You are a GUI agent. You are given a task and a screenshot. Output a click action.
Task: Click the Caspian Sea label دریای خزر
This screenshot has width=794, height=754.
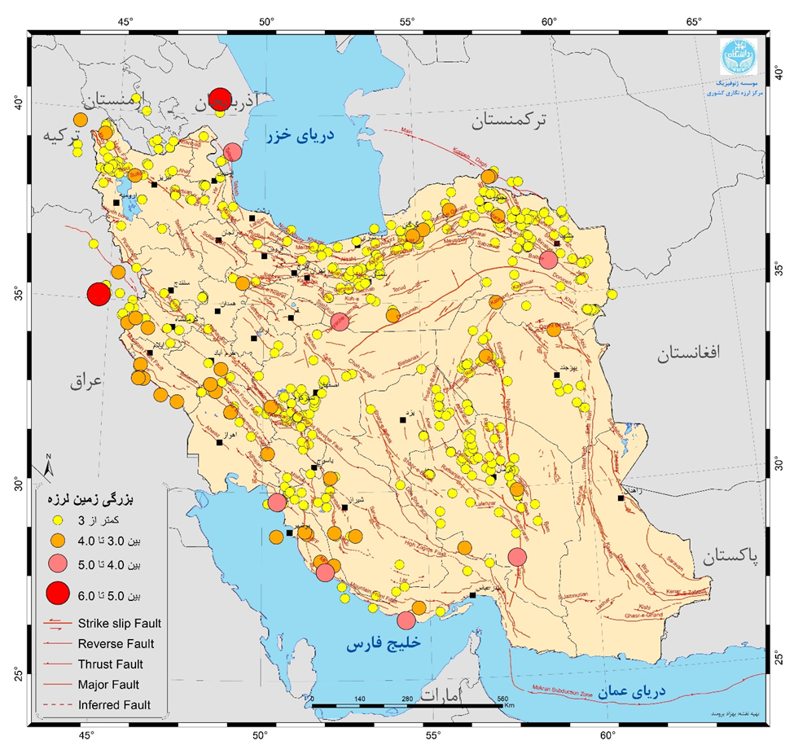pos(303,138)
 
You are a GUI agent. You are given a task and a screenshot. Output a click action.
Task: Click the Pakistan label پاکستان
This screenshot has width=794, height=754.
pos(729,556)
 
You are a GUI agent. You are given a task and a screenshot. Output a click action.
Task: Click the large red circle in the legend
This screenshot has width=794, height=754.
pos(58,595)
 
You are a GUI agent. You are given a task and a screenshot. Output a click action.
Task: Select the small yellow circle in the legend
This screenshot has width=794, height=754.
pos(58,519)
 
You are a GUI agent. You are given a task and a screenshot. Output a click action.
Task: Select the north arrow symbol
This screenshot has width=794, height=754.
pos(49,466)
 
